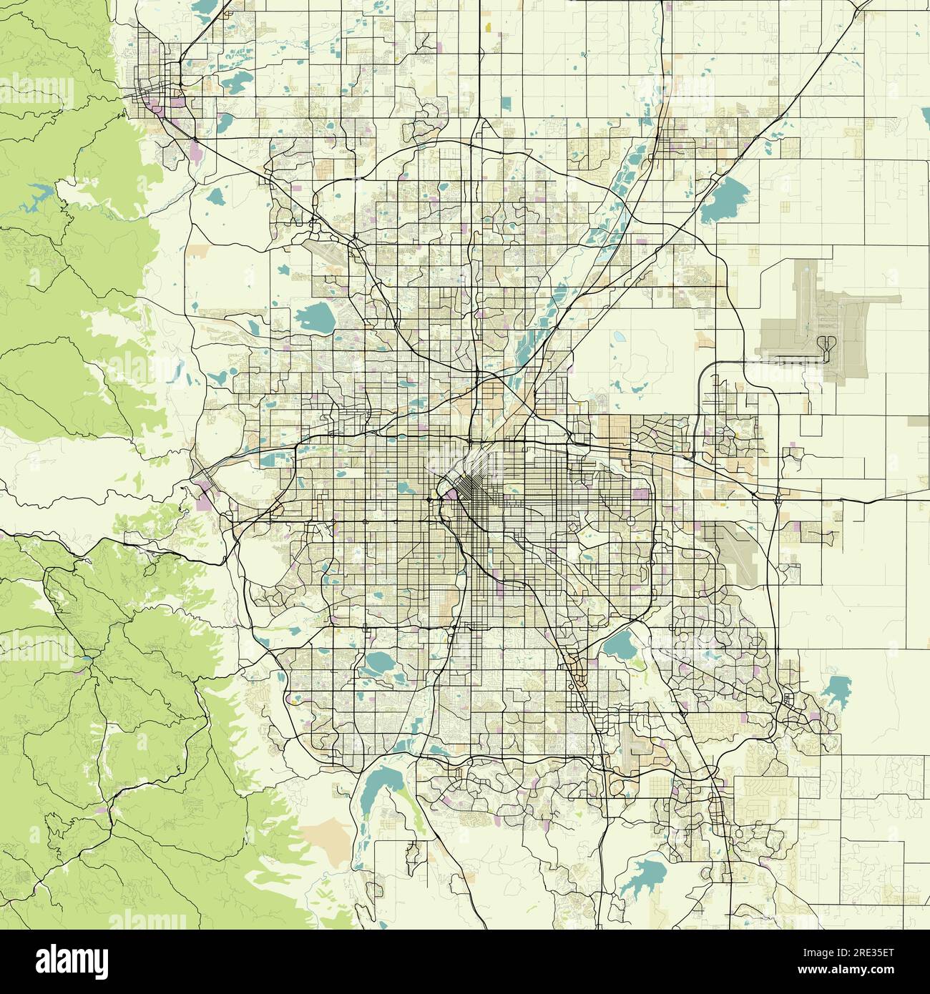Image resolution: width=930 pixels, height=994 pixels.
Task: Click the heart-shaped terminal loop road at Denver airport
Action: click(x=828, y=345)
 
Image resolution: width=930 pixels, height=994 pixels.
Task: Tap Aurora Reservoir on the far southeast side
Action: click(x=833, y=691)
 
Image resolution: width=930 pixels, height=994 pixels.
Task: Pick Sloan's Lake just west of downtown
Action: click(x=404, y=488)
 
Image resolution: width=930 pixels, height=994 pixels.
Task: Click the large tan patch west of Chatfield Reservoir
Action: click(x=325, y=833)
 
